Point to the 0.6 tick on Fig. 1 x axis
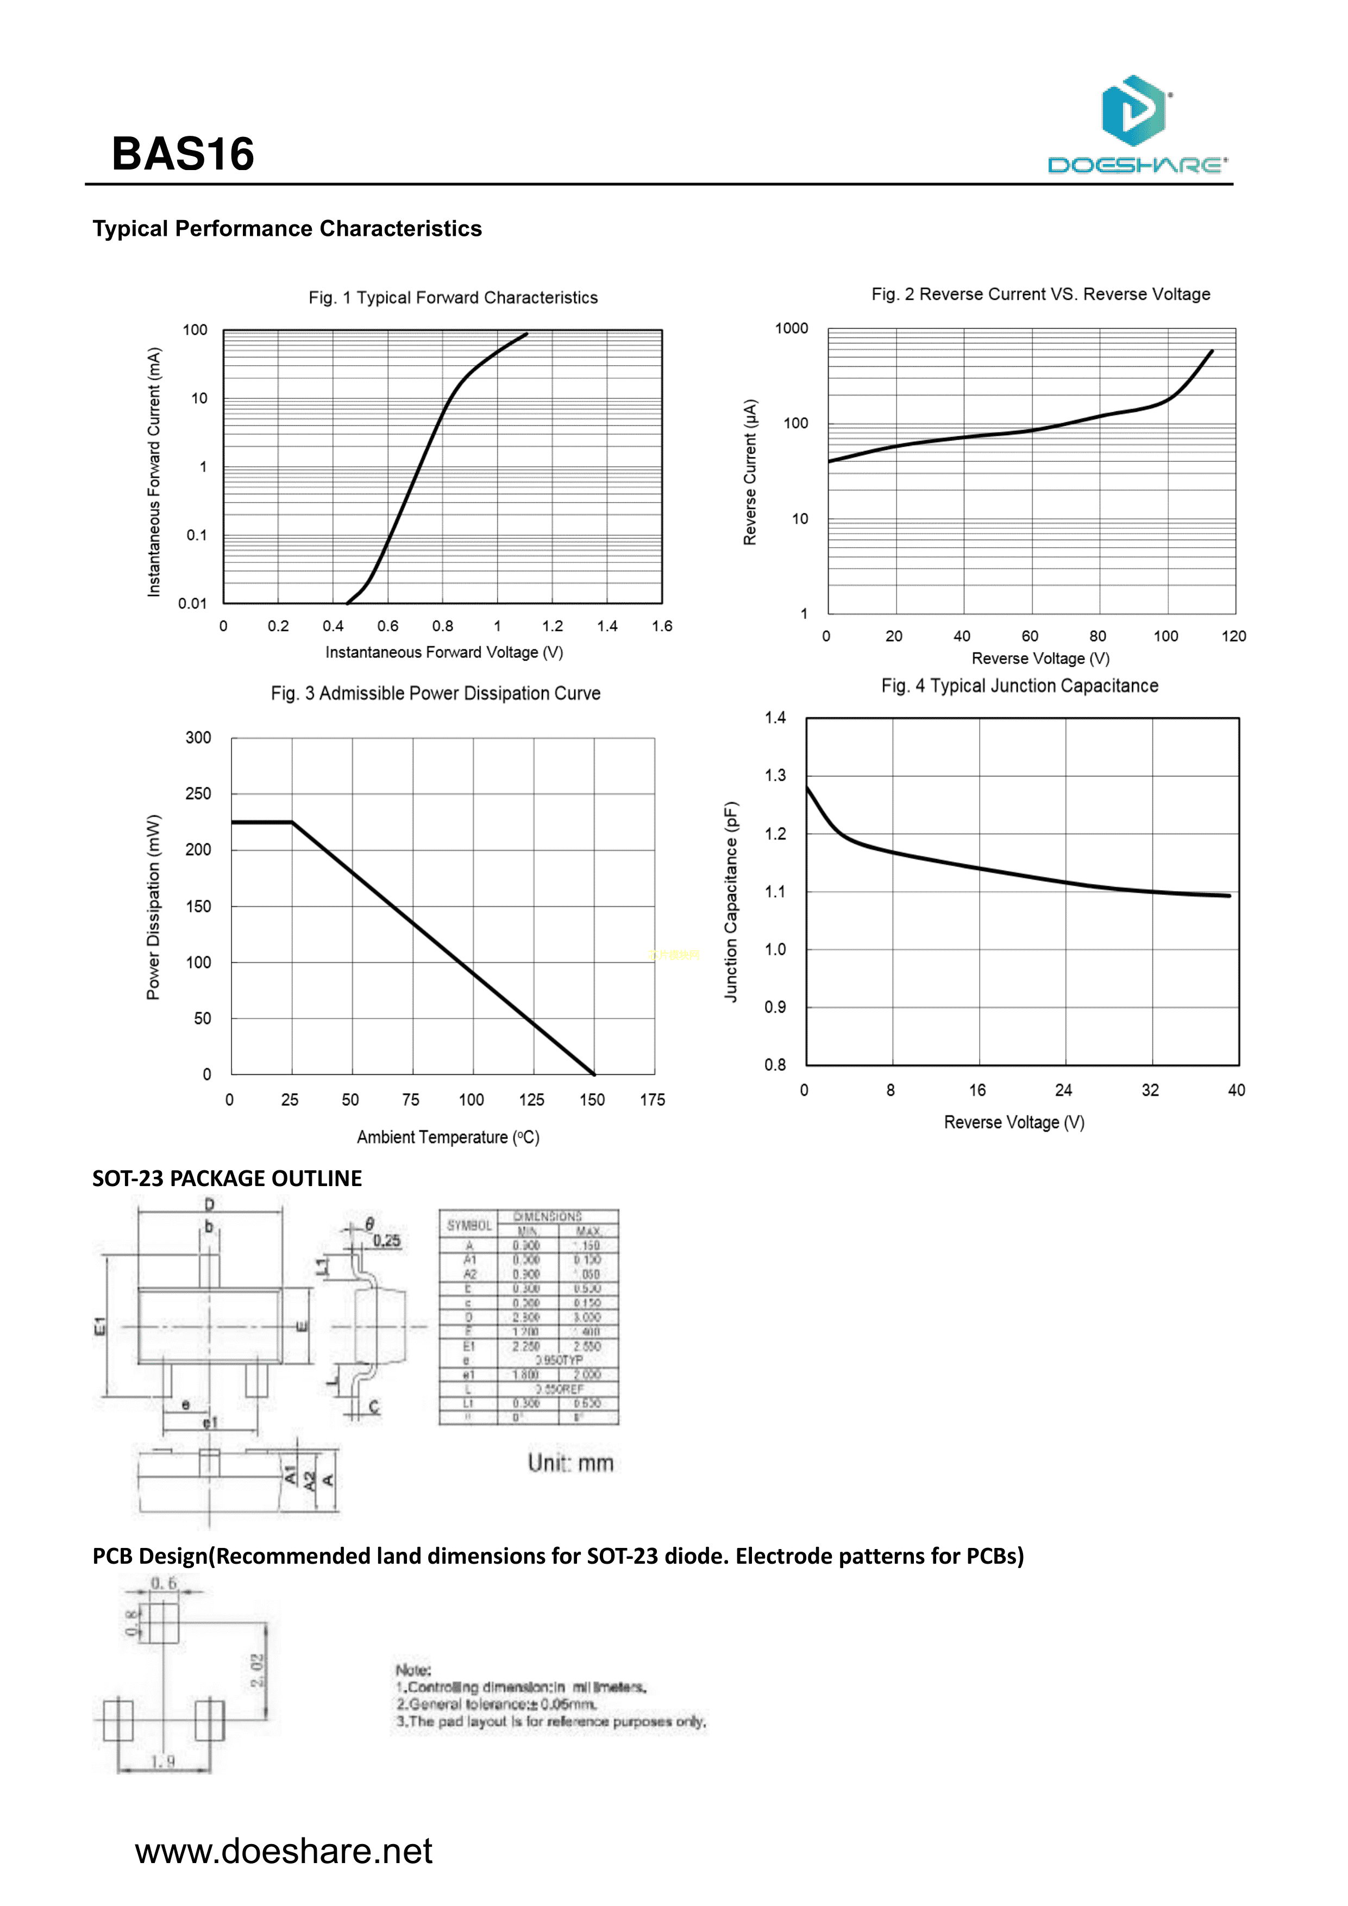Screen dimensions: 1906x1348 pos(387,626)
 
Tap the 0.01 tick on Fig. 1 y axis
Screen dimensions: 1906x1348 pos(192,604)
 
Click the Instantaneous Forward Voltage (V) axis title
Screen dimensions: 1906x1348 pos(444,653)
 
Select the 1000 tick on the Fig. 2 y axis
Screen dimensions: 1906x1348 pos(791,329)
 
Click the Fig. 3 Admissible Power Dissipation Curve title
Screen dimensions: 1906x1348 pos(435,693)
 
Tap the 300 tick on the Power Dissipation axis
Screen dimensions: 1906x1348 pos(198,737)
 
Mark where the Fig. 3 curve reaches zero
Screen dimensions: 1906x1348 pos(593,1074)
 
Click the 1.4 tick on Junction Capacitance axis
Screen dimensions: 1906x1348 pos(775,718)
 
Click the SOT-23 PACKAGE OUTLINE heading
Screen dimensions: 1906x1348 pos(227,1179)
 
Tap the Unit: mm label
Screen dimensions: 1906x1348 pos(571,1463)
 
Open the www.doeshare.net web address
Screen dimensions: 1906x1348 pos(283,1851)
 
